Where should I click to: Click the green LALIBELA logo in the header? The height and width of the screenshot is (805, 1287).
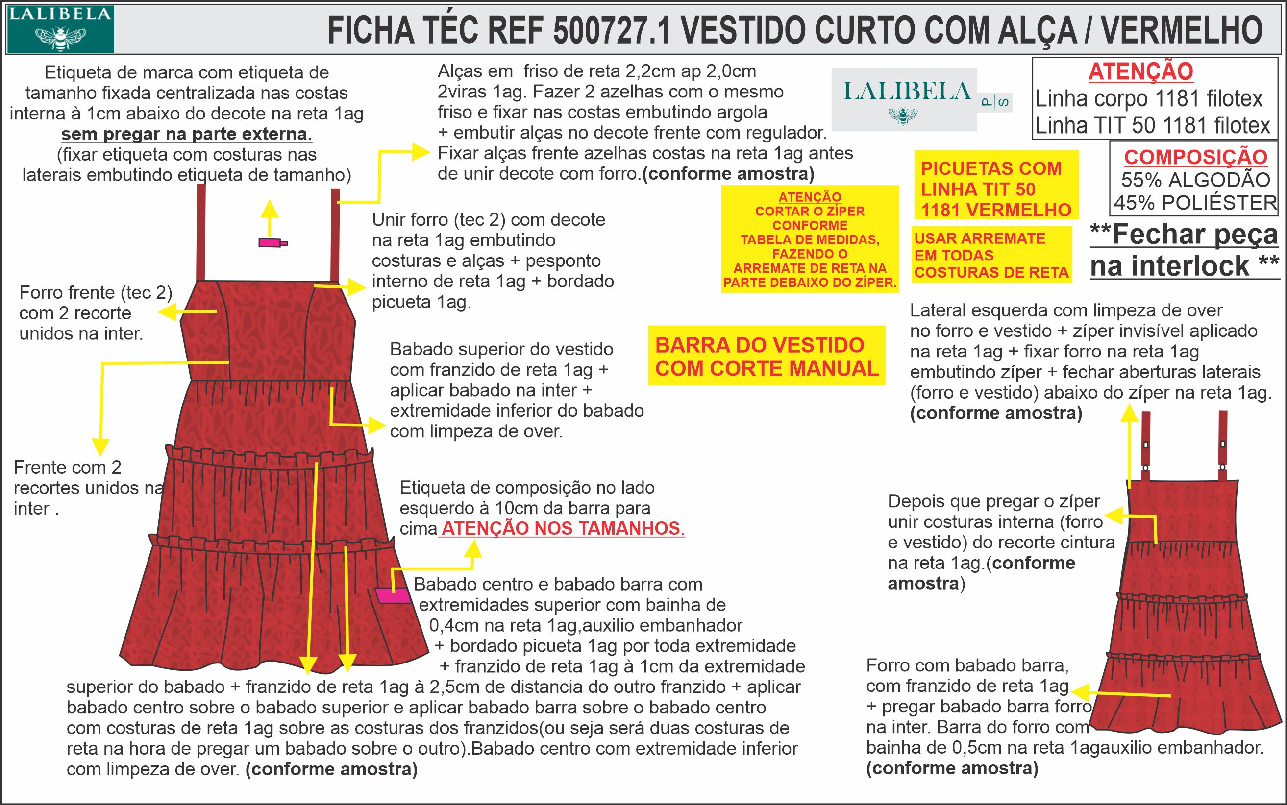tap(60, 29)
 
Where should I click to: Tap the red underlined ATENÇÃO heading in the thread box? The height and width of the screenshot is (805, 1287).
tap(1140, 72)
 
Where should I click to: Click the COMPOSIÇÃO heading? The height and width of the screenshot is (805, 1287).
tap(1195, 157)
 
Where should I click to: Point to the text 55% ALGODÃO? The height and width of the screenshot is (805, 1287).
tap(1195, 180)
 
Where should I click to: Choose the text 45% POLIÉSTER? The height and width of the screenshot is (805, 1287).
tap(1195, 203)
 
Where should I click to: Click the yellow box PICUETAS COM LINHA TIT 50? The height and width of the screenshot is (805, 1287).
tap(995, 189)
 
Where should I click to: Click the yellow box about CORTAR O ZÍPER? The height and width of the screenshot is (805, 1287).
tap(810, 239)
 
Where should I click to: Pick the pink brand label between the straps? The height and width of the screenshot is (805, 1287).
tap(272, 243)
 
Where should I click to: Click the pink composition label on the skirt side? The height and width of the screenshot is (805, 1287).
tap(393, 595)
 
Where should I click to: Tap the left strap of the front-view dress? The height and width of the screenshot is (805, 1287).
tap(201, 232)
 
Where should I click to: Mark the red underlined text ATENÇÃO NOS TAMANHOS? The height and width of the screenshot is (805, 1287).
tap(563, 529)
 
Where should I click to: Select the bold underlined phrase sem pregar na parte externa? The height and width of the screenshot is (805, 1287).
tap(187, 134)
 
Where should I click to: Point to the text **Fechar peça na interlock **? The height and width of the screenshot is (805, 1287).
tap(1184, 250)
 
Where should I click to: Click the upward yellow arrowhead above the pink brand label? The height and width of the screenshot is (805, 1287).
tap(270, 209)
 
